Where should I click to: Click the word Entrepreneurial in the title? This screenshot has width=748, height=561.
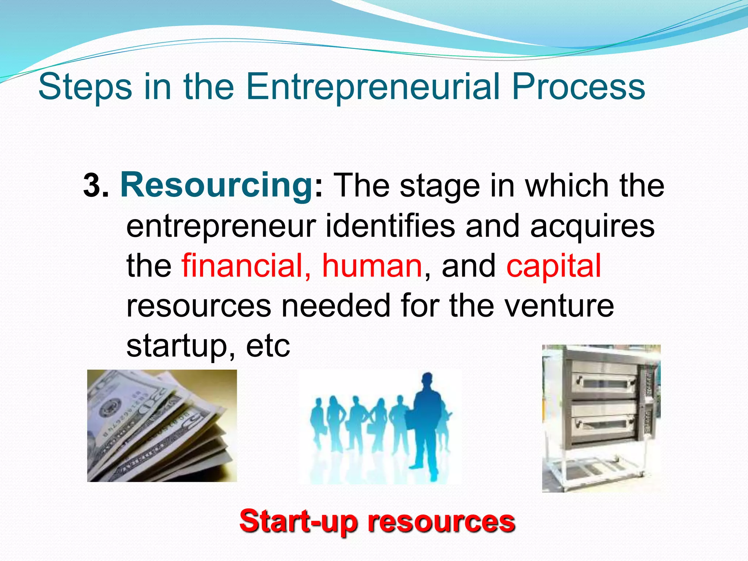[x=373, y=87]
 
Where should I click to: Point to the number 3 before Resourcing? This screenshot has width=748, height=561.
[x=93, y=186]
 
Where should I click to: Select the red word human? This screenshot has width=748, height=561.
[x=372, y=266]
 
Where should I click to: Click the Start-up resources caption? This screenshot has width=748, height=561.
[x=377, y=522]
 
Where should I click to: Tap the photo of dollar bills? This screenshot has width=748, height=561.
[x=162, y=425]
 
